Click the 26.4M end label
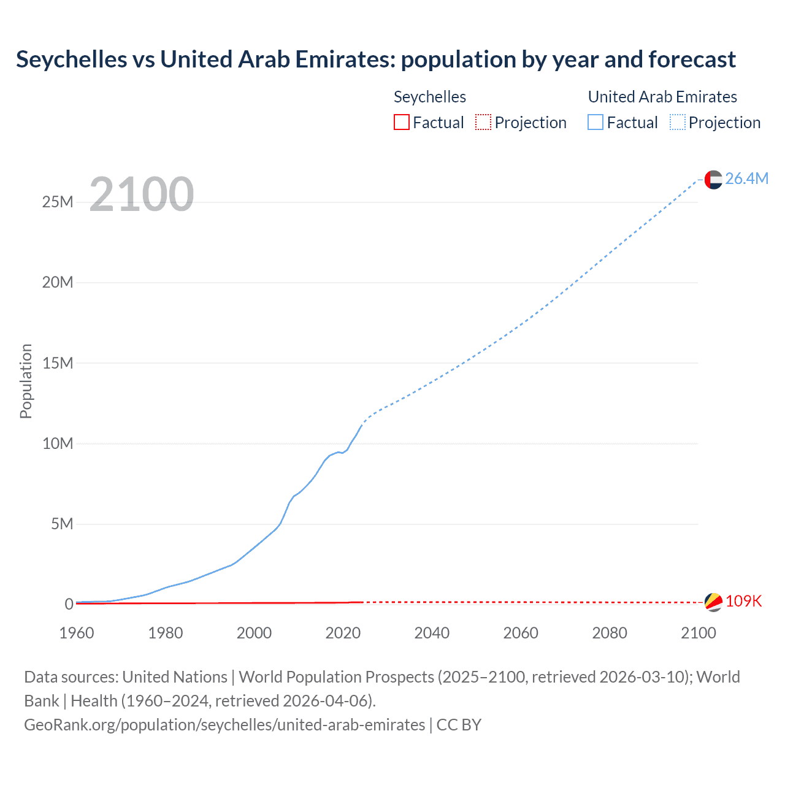(x=746, y=178)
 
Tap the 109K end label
(x=743, y=601)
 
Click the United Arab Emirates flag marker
(x=713, y=180)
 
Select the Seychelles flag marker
(x=713, y=602)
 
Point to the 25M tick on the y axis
(x=58, y=202)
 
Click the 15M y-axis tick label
(x=58, y=363)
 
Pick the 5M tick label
(x=62, y=524)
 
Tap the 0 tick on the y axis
(x=69, y=604)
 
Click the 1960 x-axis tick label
(x=77, y=633)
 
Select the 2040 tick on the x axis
(x=432, y=633)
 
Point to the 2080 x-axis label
(x=610, y=633)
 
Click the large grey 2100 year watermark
(x=142, y=194)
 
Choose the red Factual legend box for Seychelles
(x=401, y=122)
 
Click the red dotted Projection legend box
(x=483, y=122)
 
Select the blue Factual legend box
(x=595, y=122)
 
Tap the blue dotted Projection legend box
(x=677, y=122)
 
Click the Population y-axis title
(x=26, y=381)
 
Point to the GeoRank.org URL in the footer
(x=224, y=724)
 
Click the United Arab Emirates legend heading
(x=662, y=97)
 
